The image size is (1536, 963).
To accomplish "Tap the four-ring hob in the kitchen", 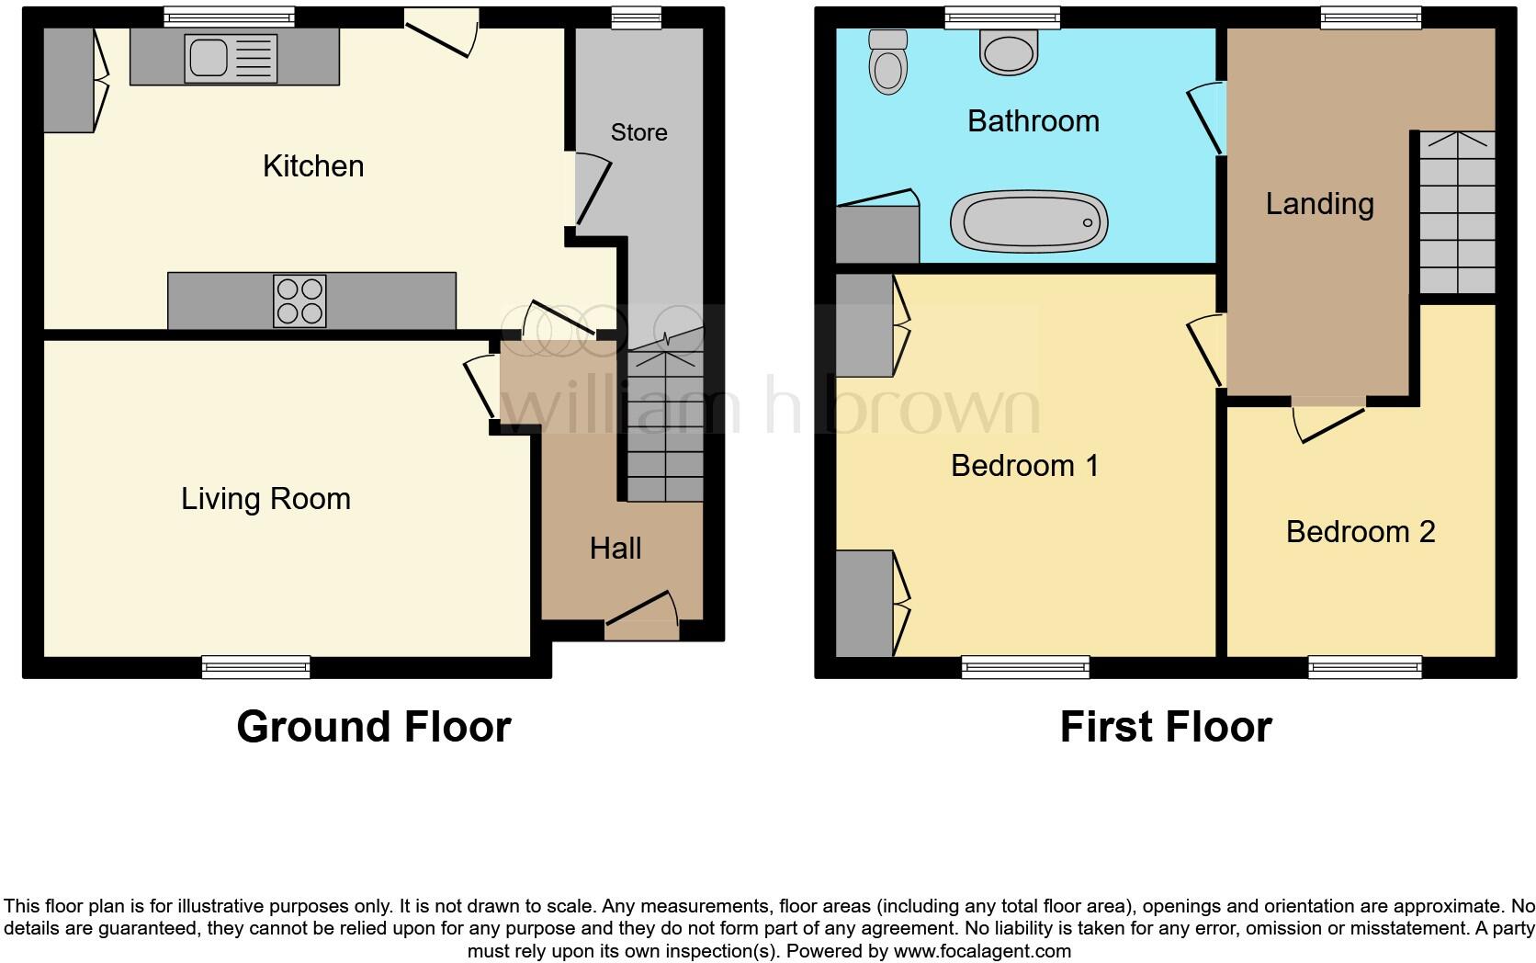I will pos(299,301).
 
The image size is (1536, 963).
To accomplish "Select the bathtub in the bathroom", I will pos(1029,221).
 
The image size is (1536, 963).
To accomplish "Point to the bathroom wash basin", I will pos(1009,51).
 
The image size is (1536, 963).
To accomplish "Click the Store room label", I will pos(638,132).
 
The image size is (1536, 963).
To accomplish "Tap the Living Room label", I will pos(265,499).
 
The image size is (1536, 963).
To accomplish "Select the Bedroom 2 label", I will pos(1360,531).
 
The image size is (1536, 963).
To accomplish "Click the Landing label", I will pos(1319,204).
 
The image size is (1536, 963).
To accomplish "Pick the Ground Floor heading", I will pos(373,727).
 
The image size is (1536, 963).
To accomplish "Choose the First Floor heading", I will pos(1165,727).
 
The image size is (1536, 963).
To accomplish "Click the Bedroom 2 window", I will pos(1365,667).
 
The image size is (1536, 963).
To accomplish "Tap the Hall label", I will pos(615,549).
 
